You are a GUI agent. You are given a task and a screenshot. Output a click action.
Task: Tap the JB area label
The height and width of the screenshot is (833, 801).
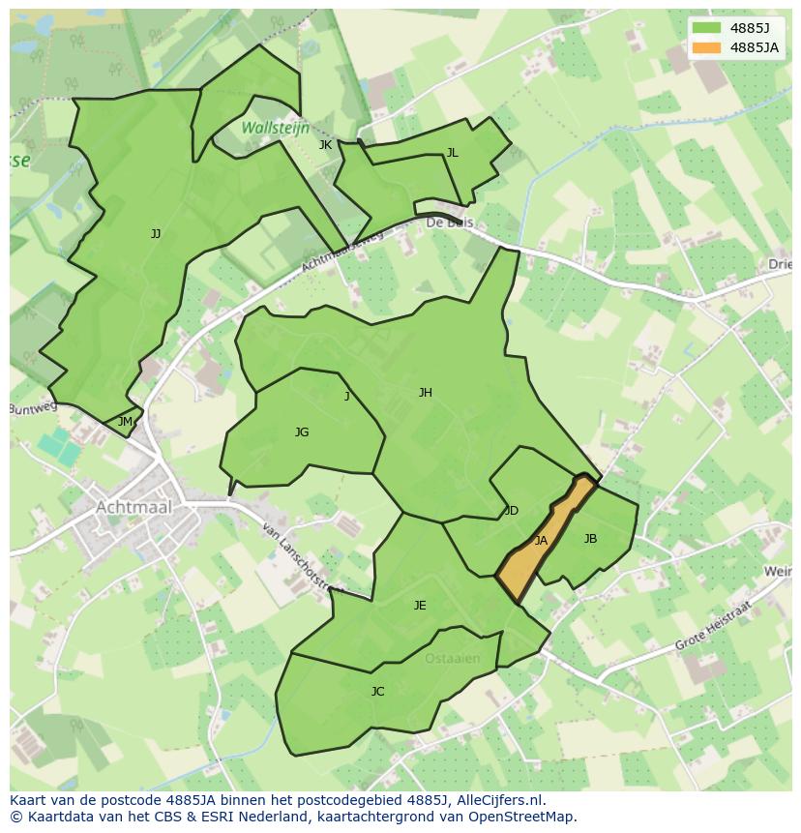[x=590, y=539]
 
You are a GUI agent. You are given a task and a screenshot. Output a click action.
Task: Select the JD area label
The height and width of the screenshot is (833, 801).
[x=512, y=511]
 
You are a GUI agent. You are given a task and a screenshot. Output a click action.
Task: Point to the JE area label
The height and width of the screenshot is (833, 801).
[x=420, y=606]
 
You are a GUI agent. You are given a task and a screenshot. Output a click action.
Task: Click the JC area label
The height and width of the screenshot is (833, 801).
[x=377, y=692]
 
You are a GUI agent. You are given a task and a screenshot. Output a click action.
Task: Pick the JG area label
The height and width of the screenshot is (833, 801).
[x=302, y=432]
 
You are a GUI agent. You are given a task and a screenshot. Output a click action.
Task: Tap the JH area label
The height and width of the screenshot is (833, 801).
[x=425, y=393]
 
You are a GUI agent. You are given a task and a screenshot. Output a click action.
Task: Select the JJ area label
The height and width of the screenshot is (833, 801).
[x=156, y=234]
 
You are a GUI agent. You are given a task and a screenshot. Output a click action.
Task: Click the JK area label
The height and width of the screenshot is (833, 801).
[x=325, y=145]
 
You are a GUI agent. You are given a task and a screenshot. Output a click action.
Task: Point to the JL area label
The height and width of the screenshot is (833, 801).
[x=452, y=153]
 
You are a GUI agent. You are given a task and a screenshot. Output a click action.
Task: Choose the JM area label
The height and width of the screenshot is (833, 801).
[x=125, y=422]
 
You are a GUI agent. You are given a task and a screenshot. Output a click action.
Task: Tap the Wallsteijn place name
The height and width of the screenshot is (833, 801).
[x=275, y=128]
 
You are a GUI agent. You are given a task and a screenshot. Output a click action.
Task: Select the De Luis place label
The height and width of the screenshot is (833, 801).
[x=449, y=223]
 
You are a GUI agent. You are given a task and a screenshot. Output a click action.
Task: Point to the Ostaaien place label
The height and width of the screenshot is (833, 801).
[x=452, y=659]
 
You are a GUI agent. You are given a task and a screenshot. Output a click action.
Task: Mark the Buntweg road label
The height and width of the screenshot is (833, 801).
[x=34, y=408]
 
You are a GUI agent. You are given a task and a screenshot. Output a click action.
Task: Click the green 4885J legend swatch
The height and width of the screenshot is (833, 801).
[x=706, y=28]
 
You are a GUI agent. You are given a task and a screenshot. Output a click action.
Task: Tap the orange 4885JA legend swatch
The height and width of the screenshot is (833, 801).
[x=706, y=47]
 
